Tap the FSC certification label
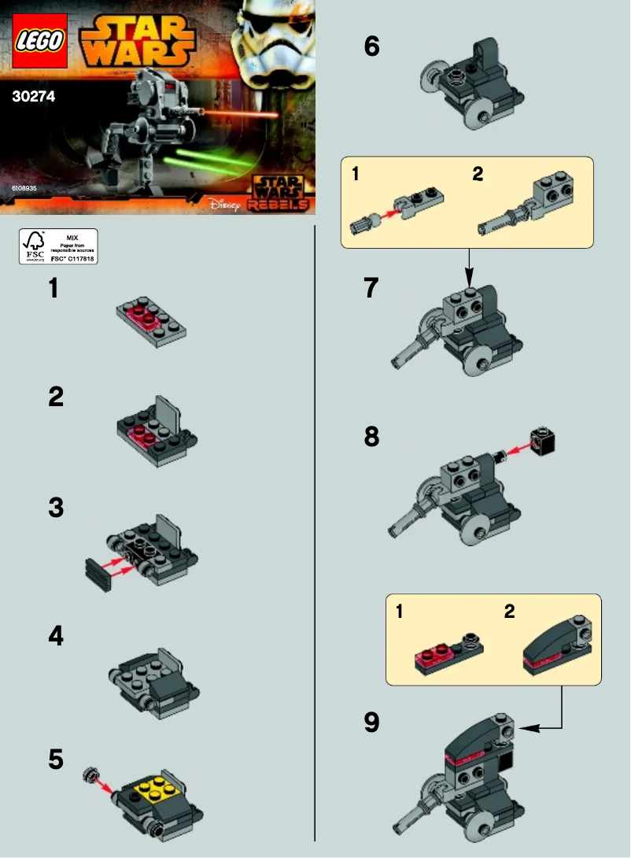point(58,246)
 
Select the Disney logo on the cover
point(223,204)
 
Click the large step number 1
point(54,289)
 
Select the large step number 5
point(55,760)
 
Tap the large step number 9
point(371,723)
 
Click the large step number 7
point(371,289)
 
